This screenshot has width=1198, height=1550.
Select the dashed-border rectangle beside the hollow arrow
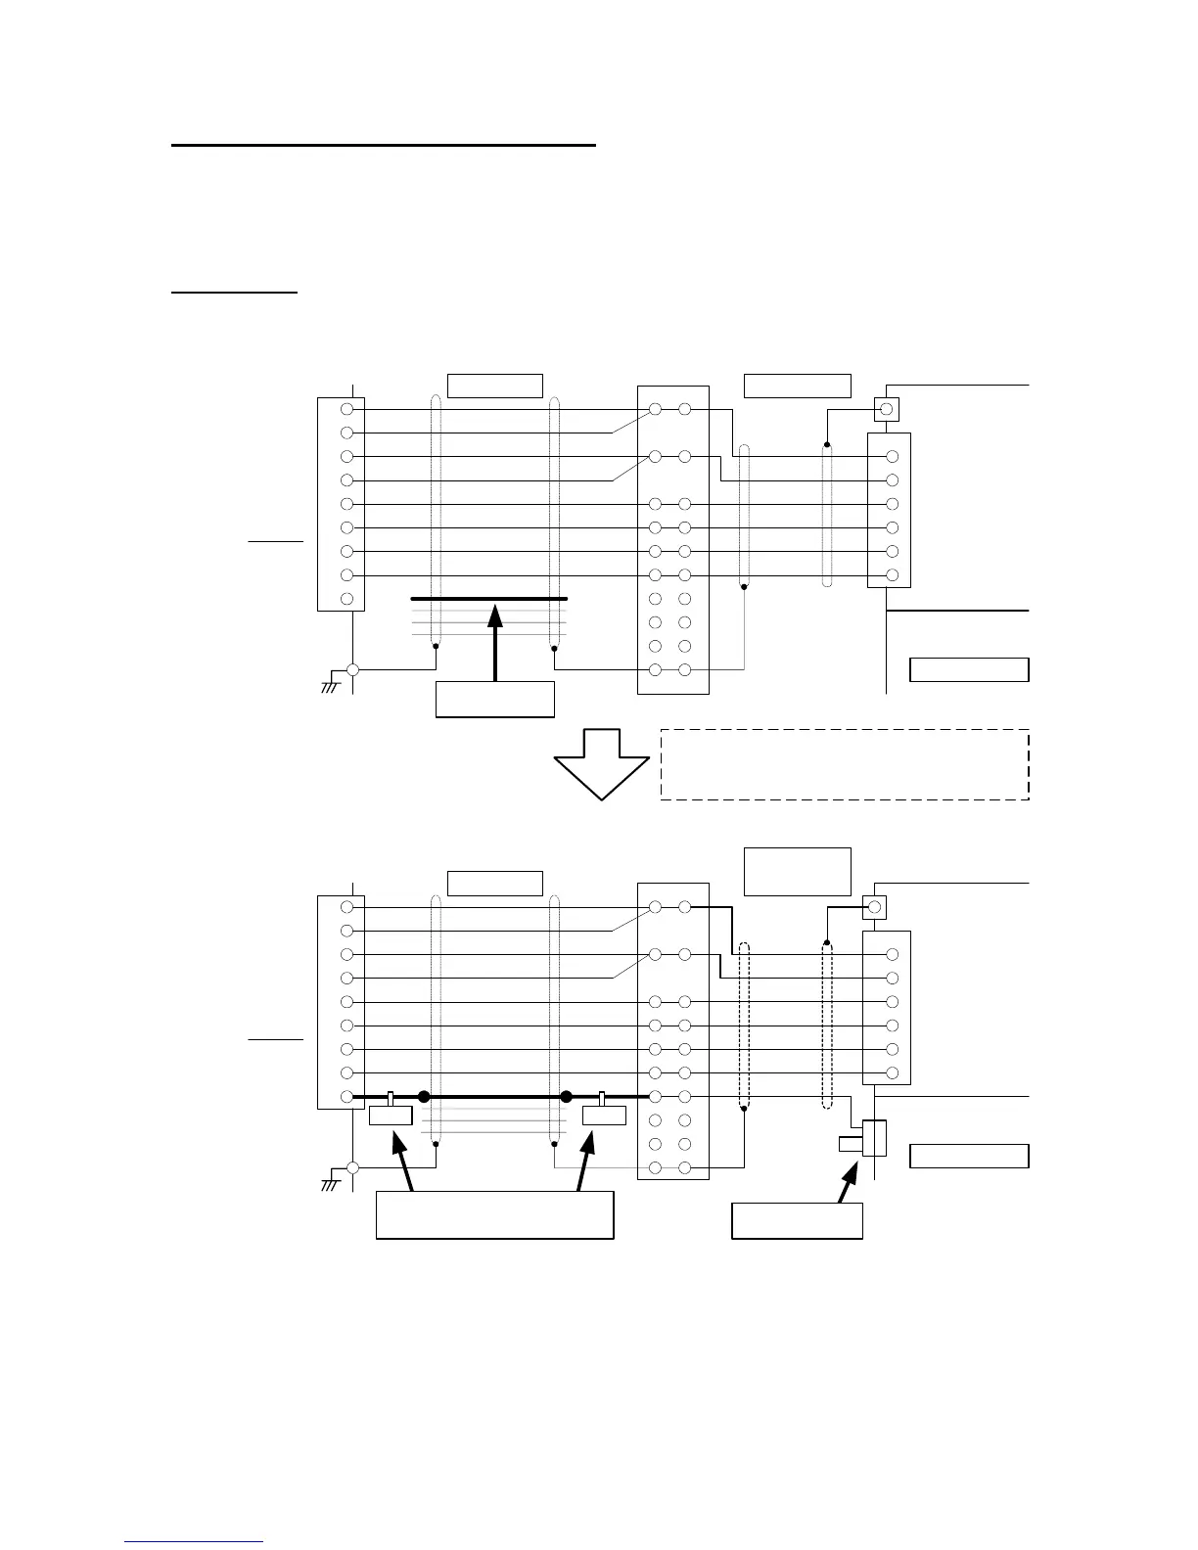pyautogui.click(x=845, y=764)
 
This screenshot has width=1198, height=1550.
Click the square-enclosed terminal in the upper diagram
pyautogui.click(x=887, y=409)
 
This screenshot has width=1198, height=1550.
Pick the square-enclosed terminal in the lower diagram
pyautogui.click(x=875, y=907)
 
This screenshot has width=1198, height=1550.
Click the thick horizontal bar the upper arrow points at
pyautogui.click(x=489, y=598)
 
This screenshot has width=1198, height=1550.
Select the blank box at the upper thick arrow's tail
pyautogui.click(x=495, y=699)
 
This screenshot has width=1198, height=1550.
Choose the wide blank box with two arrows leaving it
pyautogui.click(x=494, y=1215)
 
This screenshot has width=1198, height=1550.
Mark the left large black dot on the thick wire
pyautogui.click(x=425, y=1097)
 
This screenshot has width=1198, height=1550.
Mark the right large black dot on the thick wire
pyautogui.click(x=566, y=1097)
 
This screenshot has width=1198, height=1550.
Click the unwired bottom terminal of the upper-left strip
pyautogui.click(x=346, y=599)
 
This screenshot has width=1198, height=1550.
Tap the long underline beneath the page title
pyautogui.click(x=384, y=145)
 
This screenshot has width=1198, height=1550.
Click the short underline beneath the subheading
pyautogui.click(x=234, y=292)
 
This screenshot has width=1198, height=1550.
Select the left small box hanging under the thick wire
pyautogui.click(x=392, y=1116)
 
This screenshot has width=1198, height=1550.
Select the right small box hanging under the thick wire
pyautogui.click(x=603, y=1116)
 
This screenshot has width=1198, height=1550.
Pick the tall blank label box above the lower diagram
pyautogui.click(x=798, y=871)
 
